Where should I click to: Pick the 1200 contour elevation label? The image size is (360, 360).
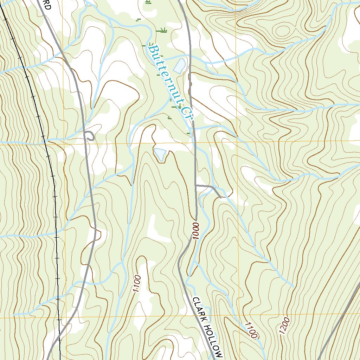pos(284,327)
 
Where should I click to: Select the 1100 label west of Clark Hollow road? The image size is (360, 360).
pos(137,284)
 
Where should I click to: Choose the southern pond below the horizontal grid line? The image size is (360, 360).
pos(160,154)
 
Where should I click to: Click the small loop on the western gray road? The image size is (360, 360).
pos(90,136)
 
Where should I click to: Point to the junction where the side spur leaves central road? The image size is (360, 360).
pos(195,185)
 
